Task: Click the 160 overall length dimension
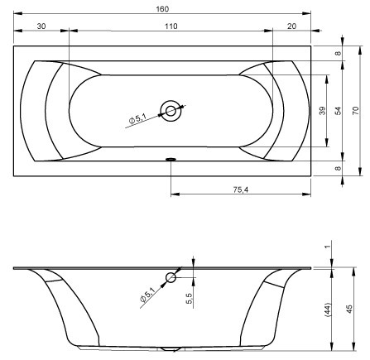tap(162, 9)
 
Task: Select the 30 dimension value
tap(41, 26)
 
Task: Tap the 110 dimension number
tap(171, 26)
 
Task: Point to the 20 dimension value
tap(291, 26)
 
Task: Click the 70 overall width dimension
tap(356, 111)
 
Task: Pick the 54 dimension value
tap(338, 111)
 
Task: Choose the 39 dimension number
tap(322, 111)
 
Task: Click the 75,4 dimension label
tap(241, 190)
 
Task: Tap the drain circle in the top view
tap(171, 111)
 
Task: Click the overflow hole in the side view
tap(171, 277)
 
